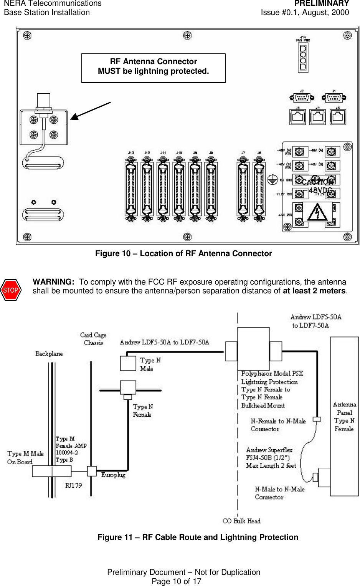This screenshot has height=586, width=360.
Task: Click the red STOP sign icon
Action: tap(11, 290)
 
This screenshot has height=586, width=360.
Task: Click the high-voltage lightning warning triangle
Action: tap(317, 212)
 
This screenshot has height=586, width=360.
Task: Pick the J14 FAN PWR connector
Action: tap(303, 57)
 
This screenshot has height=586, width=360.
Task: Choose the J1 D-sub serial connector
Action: tap(334, 98)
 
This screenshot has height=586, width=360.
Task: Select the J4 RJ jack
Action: tap(317, 117)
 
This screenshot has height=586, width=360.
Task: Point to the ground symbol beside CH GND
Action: tap(272, 179)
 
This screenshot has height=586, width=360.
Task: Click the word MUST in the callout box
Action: tap(109, 71)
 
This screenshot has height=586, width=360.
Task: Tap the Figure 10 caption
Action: tap(183, 253)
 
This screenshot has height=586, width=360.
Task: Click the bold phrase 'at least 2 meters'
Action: tap(314, 291)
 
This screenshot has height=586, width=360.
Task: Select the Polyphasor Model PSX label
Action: tap(272, 373)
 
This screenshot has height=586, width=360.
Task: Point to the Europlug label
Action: tap(113, 475)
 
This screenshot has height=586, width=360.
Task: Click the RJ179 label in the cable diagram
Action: tap(73, 485)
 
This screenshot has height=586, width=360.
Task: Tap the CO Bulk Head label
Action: tap(241, 521)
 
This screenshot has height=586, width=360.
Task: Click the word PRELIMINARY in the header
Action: tap(322, 3)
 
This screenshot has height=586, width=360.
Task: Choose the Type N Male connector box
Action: tap(128, 363)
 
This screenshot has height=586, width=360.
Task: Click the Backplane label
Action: tap(49, 354)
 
